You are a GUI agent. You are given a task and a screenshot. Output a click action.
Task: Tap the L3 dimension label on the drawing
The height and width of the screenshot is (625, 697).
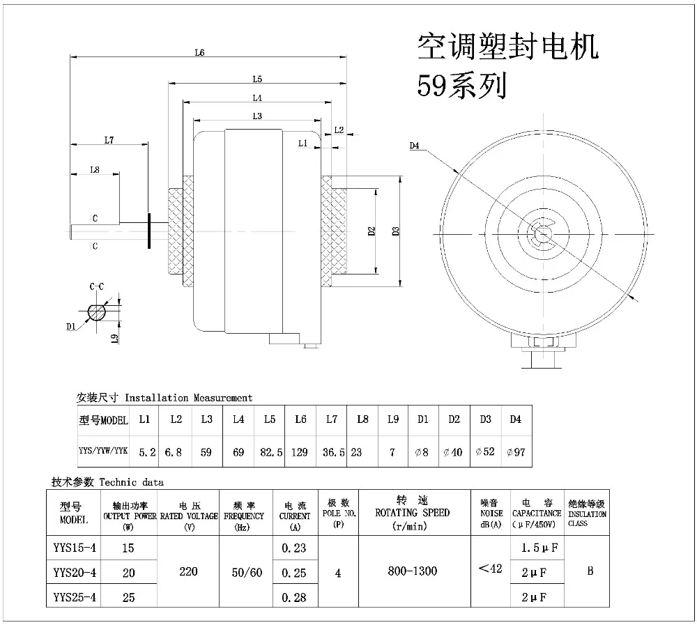click(256, 115)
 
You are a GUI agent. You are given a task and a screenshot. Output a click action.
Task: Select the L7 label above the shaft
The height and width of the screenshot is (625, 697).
click(109, 140)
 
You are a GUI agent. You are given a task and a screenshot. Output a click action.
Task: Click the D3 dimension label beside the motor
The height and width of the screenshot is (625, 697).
click(395, 231)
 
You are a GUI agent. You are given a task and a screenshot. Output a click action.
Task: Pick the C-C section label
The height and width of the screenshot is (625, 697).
click(97, 286)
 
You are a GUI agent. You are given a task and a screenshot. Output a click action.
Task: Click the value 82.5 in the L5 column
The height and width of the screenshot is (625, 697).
click(270, 452)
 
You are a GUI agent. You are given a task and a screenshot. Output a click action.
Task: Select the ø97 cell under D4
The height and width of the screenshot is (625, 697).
click(516, 452)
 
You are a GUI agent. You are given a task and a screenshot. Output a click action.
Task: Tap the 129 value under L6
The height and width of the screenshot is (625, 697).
click(300, 452)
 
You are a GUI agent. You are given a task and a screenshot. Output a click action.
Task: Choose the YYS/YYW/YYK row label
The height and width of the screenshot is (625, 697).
click(103, 452)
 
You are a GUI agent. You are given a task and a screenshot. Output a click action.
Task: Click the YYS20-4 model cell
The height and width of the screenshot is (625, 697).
click(75, 572)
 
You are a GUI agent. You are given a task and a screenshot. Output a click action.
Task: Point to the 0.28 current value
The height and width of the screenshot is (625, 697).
click(294, 597)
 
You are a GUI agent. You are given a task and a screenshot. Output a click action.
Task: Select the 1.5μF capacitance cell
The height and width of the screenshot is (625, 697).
click(542, 548)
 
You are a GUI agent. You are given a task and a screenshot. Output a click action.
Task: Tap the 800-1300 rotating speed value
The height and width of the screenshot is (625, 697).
click(413, 572)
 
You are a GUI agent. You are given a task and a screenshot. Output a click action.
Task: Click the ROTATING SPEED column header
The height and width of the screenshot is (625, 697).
click(413, 513)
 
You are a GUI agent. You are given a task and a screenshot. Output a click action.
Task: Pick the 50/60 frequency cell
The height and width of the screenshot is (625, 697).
click(247, 572)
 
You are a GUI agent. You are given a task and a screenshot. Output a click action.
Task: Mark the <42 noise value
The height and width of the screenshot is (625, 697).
click(490, 569)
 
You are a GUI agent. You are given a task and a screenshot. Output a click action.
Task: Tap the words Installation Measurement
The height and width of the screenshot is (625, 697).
click(188, 398)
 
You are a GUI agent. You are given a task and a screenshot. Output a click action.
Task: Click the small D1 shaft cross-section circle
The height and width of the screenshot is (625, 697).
click(97, 311)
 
